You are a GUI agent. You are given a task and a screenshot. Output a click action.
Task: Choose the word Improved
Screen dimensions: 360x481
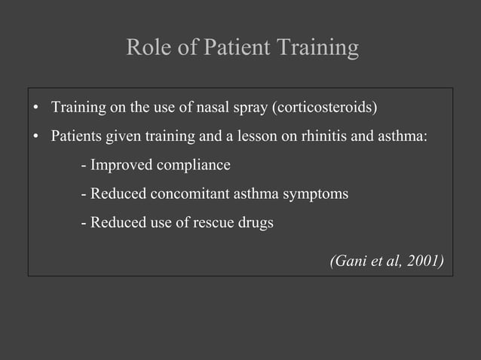click(x=117, y=165)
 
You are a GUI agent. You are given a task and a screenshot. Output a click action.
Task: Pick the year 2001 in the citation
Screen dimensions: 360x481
click(x=424, y=261)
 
